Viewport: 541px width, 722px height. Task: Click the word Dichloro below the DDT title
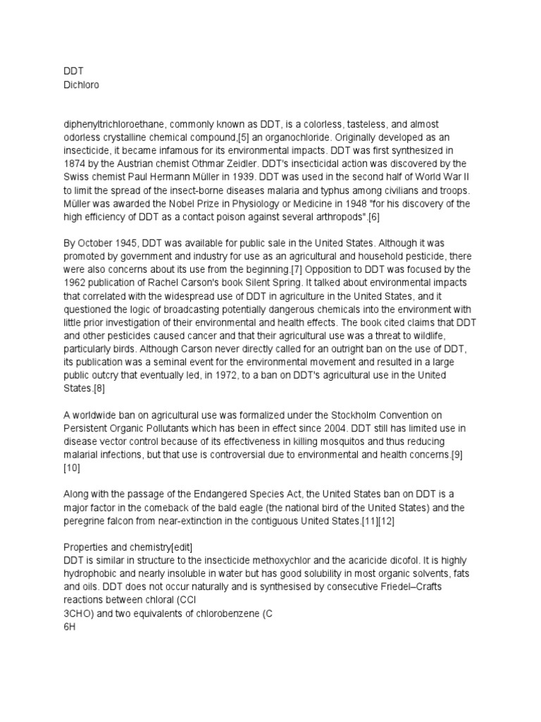(81, 83)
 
